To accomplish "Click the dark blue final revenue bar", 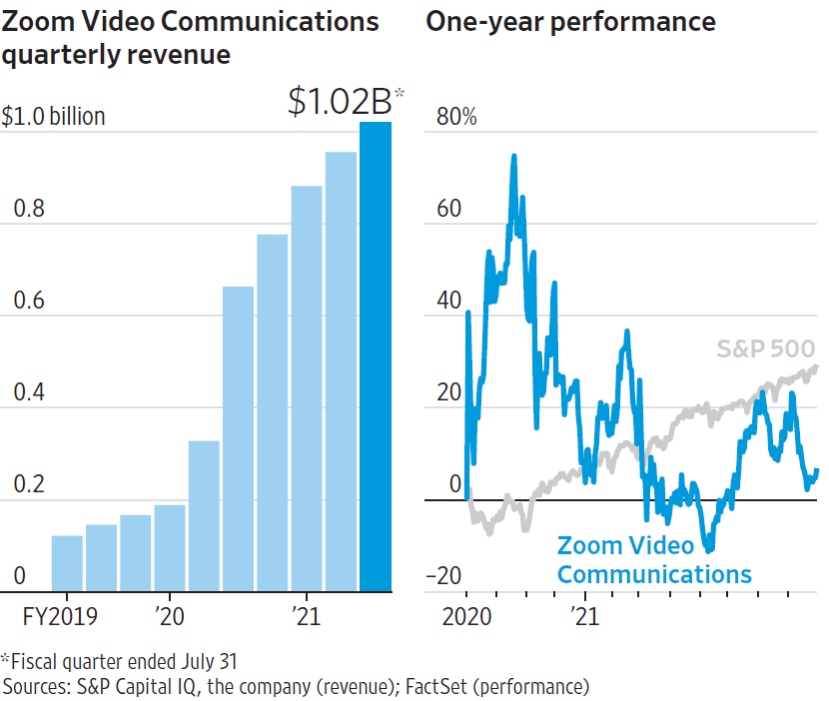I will click(x=376, y=355).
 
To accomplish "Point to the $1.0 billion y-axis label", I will click(x=54, y=117).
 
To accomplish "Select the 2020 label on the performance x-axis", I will click(x=465, y=613).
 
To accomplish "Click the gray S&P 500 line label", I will click(x=765, y=349).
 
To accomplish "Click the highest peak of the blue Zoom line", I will click(x=513, y=156).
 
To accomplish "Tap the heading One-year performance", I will click(x=570, y=21).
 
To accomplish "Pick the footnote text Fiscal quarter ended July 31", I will click(x=124, y=661).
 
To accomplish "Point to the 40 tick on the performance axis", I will click(x=451, y=301).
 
